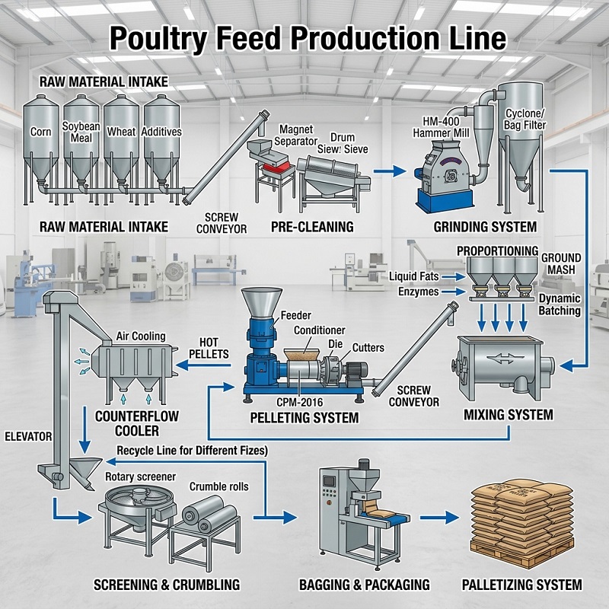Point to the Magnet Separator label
296,135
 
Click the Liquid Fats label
414,275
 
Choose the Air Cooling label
140,336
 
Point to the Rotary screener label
140,476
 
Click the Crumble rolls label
218,486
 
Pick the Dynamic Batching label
560,304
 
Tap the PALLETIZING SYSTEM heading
521,585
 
